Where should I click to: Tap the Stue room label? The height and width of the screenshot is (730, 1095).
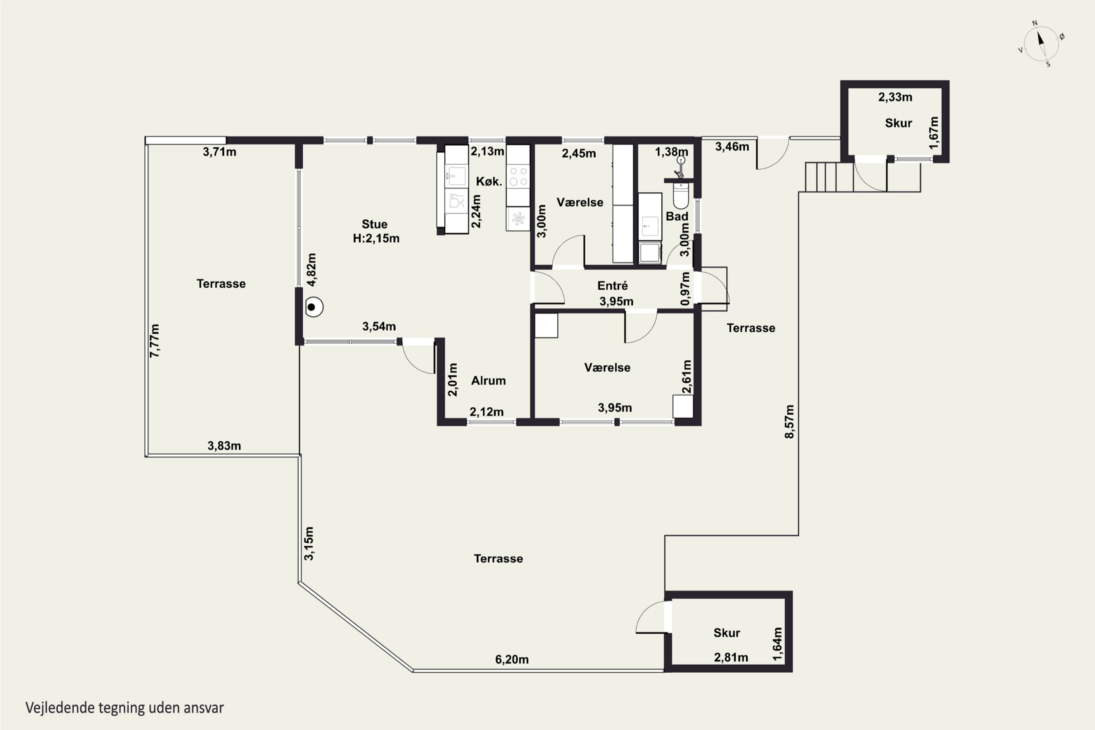point(374,224)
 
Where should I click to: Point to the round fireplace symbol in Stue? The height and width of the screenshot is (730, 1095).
point(314,307)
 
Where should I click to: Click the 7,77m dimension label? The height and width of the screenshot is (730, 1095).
point(154,341)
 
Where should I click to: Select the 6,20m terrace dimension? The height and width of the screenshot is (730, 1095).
point(512,659)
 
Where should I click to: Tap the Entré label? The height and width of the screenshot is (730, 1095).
point(612,285)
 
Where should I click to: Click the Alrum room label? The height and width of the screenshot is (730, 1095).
point(488,380)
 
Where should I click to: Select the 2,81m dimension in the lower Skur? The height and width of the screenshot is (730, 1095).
point(731,657)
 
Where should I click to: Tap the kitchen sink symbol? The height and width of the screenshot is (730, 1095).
point(456,176)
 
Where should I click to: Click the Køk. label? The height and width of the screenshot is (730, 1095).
point(489,181)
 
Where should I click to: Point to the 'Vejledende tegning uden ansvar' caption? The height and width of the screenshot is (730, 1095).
point(124,708)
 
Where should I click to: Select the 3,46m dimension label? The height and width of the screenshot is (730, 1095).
point(732,147)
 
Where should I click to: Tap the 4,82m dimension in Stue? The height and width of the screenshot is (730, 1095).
point(311,270)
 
